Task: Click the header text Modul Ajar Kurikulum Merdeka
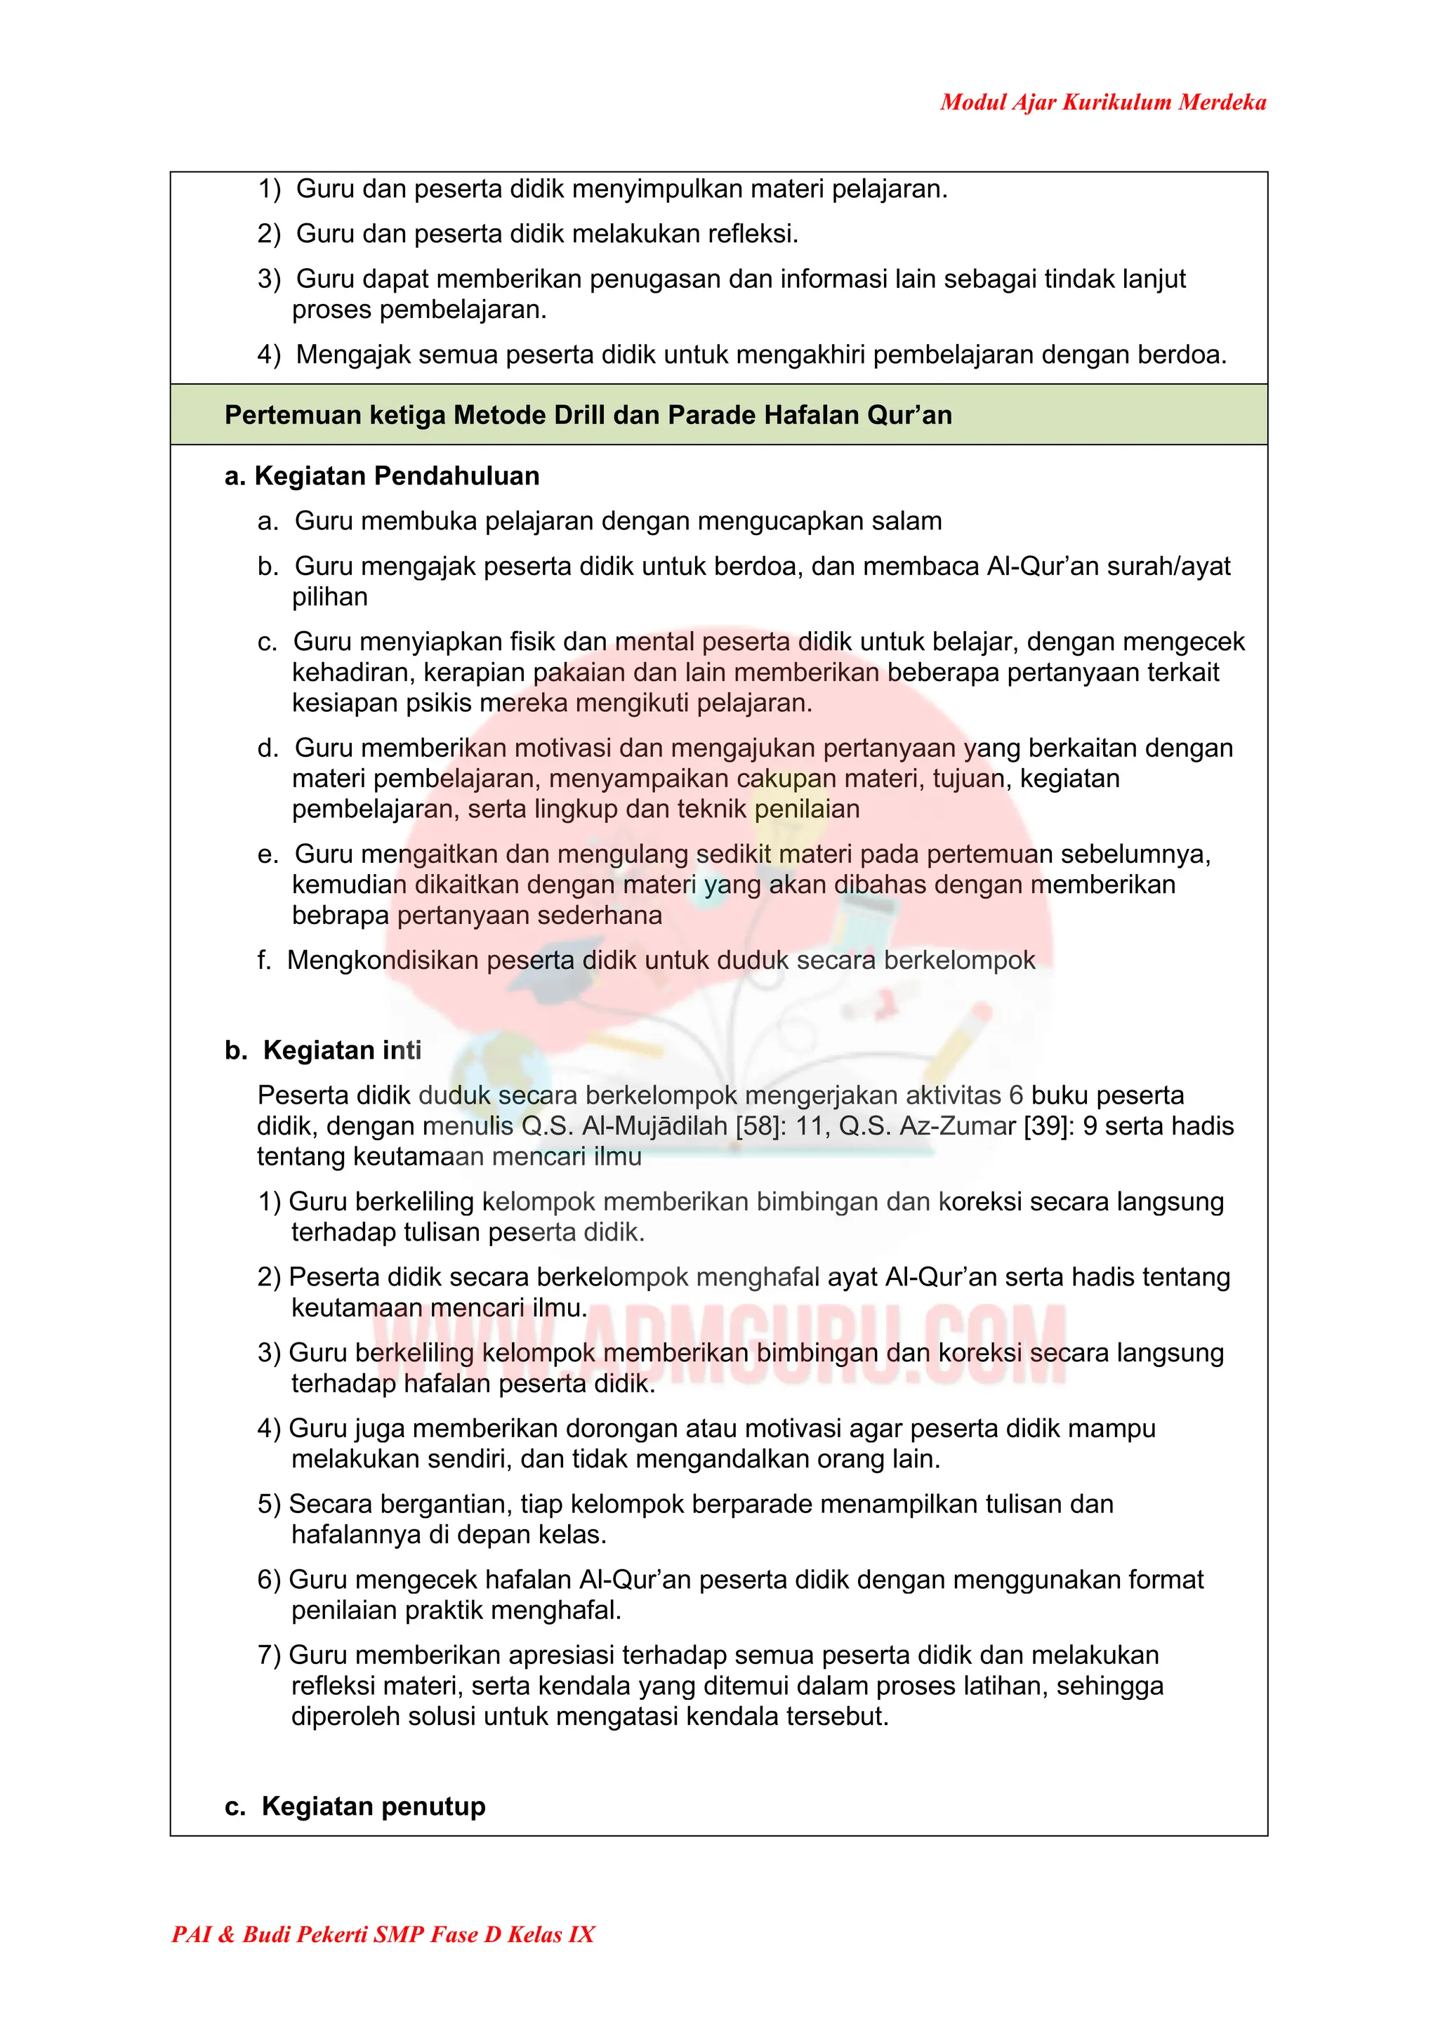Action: (1102, 102)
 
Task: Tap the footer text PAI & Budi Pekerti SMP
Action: (383, 1934)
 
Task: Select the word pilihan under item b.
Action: (329, 596)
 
